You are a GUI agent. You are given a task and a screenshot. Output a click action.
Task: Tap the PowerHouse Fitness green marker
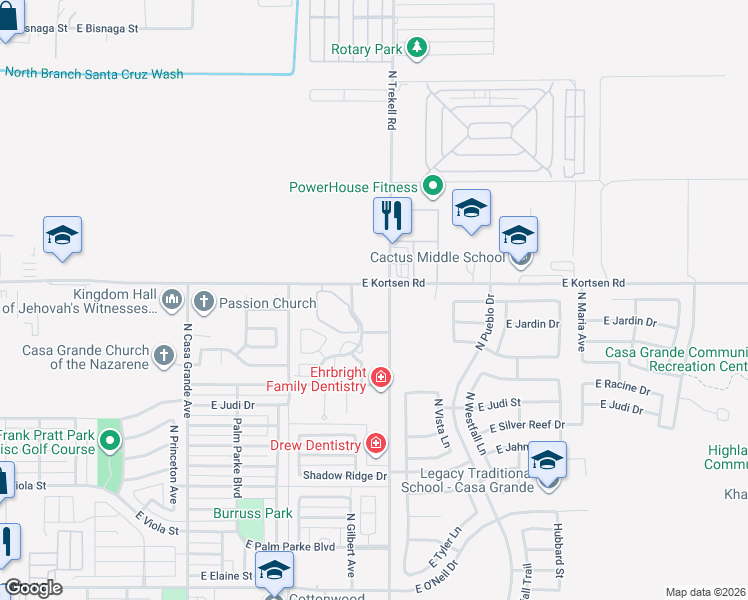433,186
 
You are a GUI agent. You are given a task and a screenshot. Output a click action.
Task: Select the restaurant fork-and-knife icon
392,216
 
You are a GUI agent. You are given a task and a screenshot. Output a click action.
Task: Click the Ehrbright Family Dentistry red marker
380,378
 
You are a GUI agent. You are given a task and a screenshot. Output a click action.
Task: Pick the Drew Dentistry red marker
376,443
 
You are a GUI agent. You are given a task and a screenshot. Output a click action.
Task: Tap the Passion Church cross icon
204,300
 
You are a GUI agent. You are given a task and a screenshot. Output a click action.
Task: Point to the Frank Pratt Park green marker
111,440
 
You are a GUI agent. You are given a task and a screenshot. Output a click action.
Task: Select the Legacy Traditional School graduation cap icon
547,461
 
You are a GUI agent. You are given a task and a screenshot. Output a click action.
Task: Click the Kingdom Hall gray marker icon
172,299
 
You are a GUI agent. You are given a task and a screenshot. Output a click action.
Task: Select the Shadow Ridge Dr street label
345,476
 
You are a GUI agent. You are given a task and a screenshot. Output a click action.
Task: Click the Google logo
34,588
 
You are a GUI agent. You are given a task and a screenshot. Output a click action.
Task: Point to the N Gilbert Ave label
351,546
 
